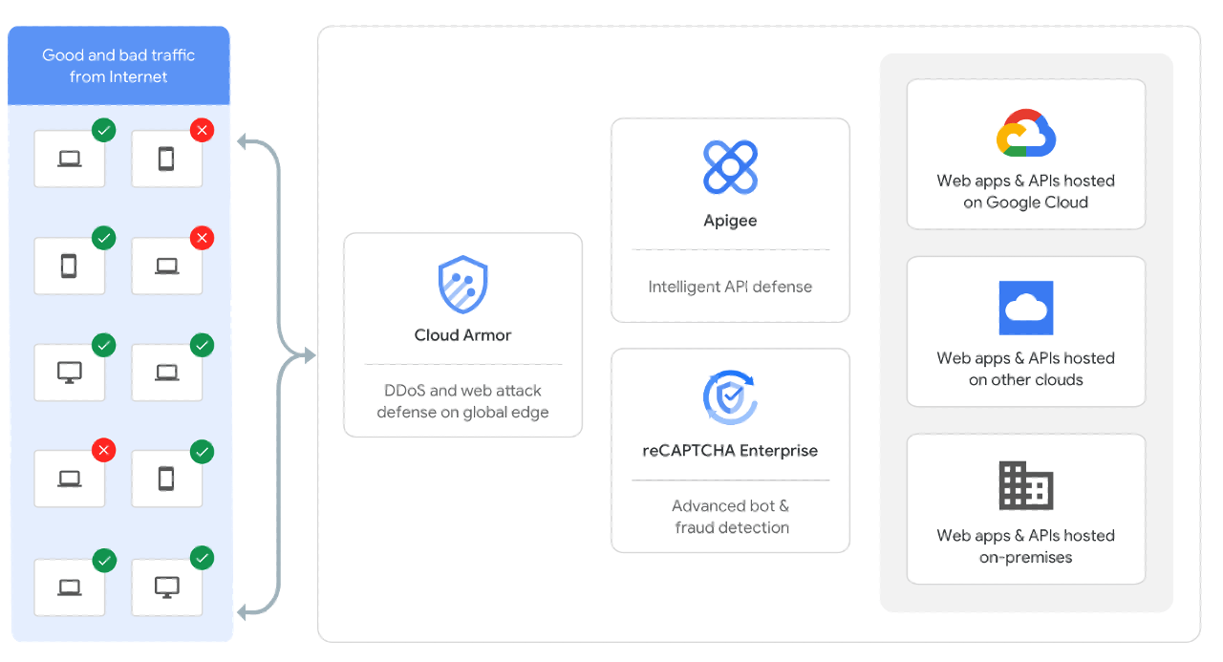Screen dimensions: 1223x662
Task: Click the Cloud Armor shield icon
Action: coord(462,285)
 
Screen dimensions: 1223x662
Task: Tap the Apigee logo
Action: coord(730,167)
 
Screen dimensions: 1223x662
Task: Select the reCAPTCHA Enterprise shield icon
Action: coord(730,397)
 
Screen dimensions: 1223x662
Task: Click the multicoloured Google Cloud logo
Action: coord(1026,133)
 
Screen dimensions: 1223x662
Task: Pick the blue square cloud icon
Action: coord(1026,308)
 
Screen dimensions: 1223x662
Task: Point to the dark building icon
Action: coord(1026,485)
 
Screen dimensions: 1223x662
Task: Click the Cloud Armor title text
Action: coord(462,335)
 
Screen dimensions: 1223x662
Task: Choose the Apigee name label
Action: coord(730,221)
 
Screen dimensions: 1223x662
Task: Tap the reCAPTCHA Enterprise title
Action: coord(730,451)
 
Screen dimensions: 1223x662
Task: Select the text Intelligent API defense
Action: coord(730,287)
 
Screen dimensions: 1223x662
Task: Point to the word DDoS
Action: coord(404,390)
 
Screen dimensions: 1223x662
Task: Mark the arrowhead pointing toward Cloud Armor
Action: coord(310,355)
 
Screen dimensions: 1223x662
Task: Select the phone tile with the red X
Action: coord(166,159)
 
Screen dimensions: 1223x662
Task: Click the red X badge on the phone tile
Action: coord(202,131)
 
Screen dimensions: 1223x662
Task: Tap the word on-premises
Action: coord(1026,557)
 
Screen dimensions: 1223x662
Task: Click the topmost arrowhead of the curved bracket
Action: coord(243,142)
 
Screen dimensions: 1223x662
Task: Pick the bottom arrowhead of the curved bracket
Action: coord(243,612)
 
